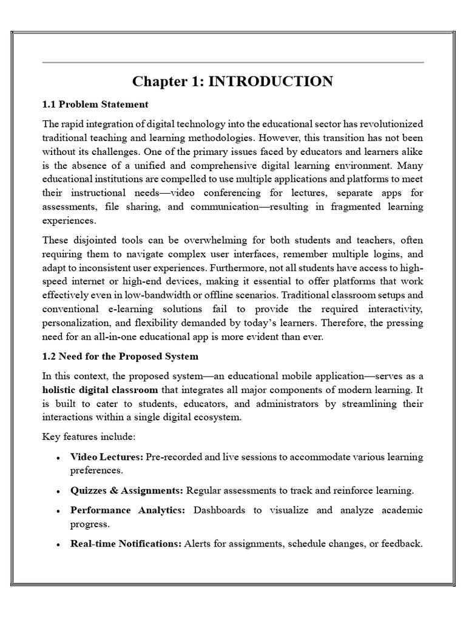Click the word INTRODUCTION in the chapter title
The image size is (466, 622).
coord(271,81)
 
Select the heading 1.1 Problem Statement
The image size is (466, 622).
coord(95,104)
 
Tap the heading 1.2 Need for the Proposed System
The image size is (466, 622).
coord(120,356)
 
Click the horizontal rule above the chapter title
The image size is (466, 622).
coord(233,63)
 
